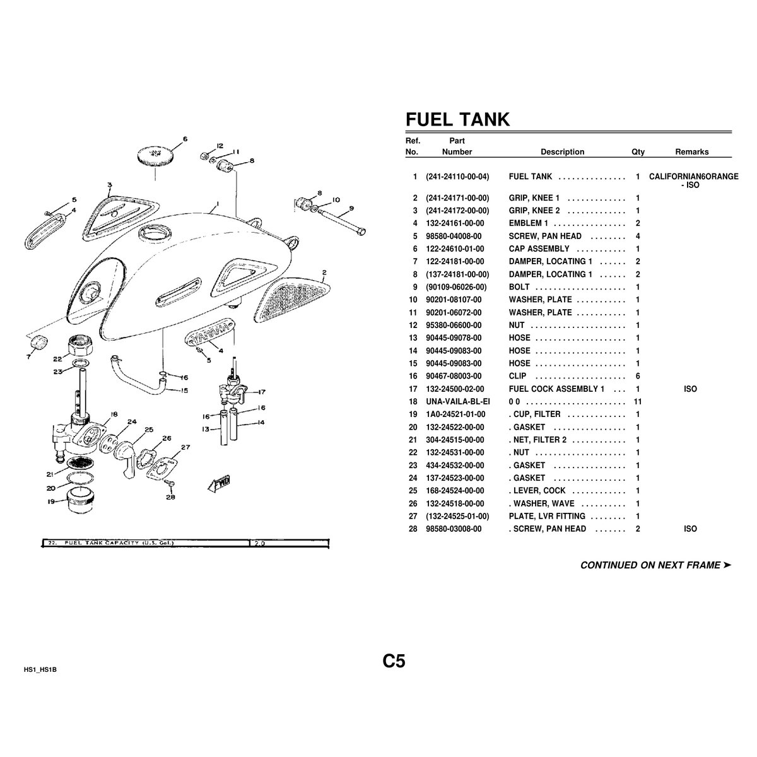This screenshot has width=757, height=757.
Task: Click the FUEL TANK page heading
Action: (457, 119)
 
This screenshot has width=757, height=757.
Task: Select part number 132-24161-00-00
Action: (455, 223)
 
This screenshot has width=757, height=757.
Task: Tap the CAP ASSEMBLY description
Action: (539, 249)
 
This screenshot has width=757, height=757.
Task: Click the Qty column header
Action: (638, 152)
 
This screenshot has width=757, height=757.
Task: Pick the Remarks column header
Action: (692, 151)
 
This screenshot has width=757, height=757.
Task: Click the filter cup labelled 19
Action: (81, 499)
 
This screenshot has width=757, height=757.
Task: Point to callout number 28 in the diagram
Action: (170, 497)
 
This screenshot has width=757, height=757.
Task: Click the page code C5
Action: (394, 660)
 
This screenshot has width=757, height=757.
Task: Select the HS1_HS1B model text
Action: (40, 669)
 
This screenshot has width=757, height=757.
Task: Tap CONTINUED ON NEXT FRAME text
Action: (650, 565)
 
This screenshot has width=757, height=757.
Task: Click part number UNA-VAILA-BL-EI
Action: (457, 401)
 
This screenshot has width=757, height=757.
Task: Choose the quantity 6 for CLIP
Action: (638, 376)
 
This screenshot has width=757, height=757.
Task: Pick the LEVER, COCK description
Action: (537, 491)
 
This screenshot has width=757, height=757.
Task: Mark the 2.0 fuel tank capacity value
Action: (260, 543)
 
